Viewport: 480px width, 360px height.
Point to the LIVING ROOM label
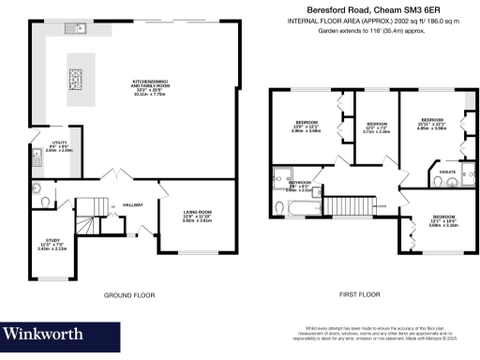[x=197, y=217]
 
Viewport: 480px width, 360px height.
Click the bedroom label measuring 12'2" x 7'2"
[x=377, y=128]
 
